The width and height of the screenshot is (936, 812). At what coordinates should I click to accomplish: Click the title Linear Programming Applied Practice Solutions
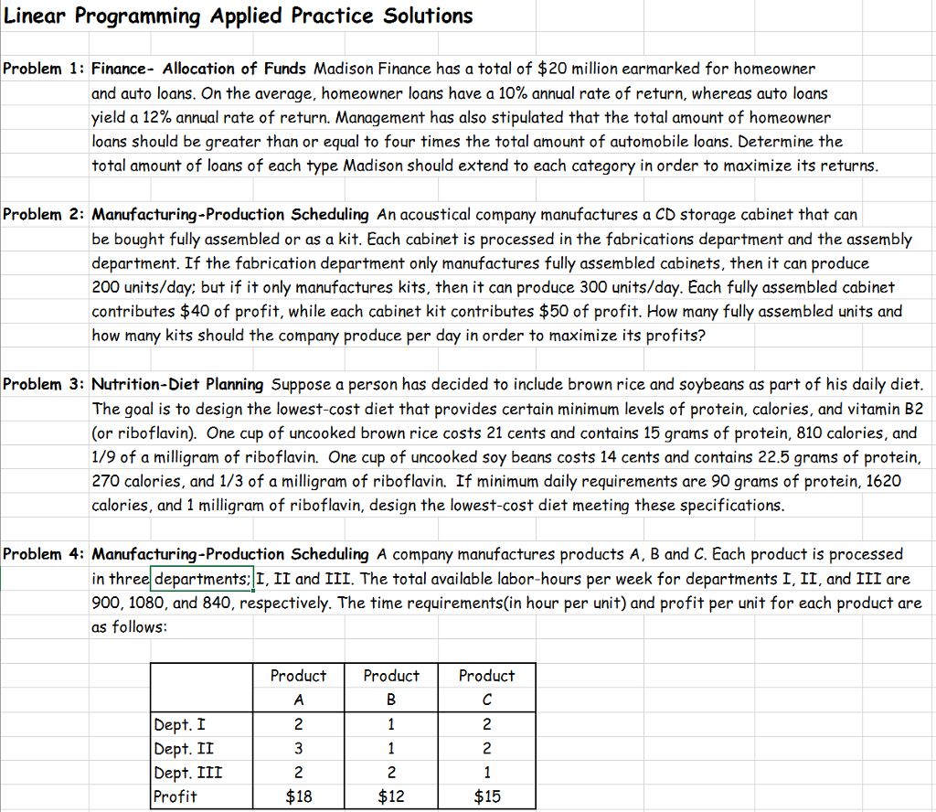tap(239, 16)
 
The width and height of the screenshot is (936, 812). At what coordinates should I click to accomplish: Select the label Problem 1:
tap(45, 69)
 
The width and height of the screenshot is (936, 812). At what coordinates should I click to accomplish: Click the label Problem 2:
tap(45, 215)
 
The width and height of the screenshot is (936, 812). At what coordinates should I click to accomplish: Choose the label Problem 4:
tap(45, 554)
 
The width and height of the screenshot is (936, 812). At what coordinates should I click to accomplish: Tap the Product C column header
tap(486, 687)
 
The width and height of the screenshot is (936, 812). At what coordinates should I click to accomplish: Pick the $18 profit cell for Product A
tap(298, 796)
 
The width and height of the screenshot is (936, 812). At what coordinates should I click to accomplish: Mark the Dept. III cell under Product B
tap(391, 773)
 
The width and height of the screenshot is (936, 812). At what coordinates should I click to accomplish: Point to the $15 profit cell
tap(486, 796)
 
